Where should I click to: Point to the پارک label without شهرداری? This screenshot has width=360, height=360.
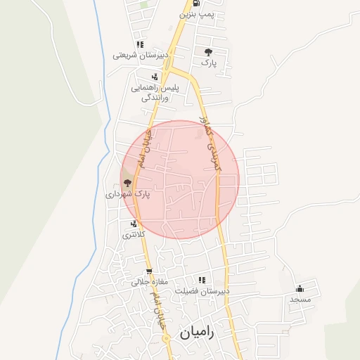208,63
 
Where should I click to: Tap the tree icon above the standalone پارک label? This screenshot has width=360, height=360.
208,52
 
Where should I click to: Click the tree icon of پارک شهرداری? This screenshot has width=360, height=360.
127,182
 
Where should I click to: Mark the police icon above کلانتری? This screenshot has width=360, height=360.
133,224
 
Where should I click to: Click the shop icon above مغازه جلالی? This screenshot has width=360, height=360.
149,272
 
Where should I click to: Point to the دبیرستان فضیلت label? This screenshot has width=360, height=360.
203,290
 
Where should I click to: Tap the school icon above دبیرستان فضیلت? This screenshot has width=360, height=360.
202,280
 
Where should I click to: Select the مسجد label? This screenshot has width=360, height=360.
300,299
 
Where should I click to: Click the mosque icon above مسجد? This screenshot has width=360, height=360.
300,288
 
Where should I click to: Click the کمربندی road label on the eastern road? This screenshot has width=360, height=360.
210,144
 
